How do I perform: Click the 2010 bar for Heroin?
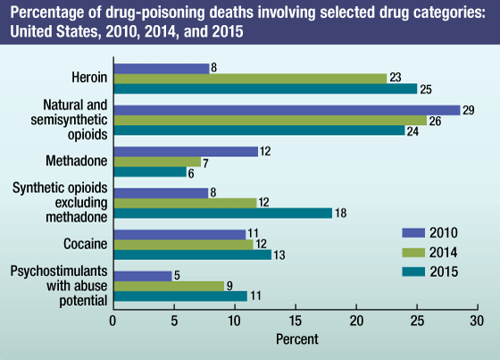(162, 68)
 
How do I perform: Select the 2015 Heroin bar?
(265, 88)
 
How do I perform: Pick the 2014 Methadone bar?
(157, 162)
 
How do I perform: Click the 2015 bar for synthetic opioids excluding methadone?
(222, 213)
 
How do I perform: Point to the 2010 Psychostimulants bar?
(143, 276)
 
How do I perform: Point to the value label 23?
(396, 79)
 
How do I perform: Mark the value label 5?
(179, 276)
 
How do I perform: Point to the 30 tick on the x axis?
(479, 320)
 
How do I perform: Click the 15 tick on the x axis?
(296, 320)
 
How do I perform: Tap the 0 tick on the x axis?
(113, 320)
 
